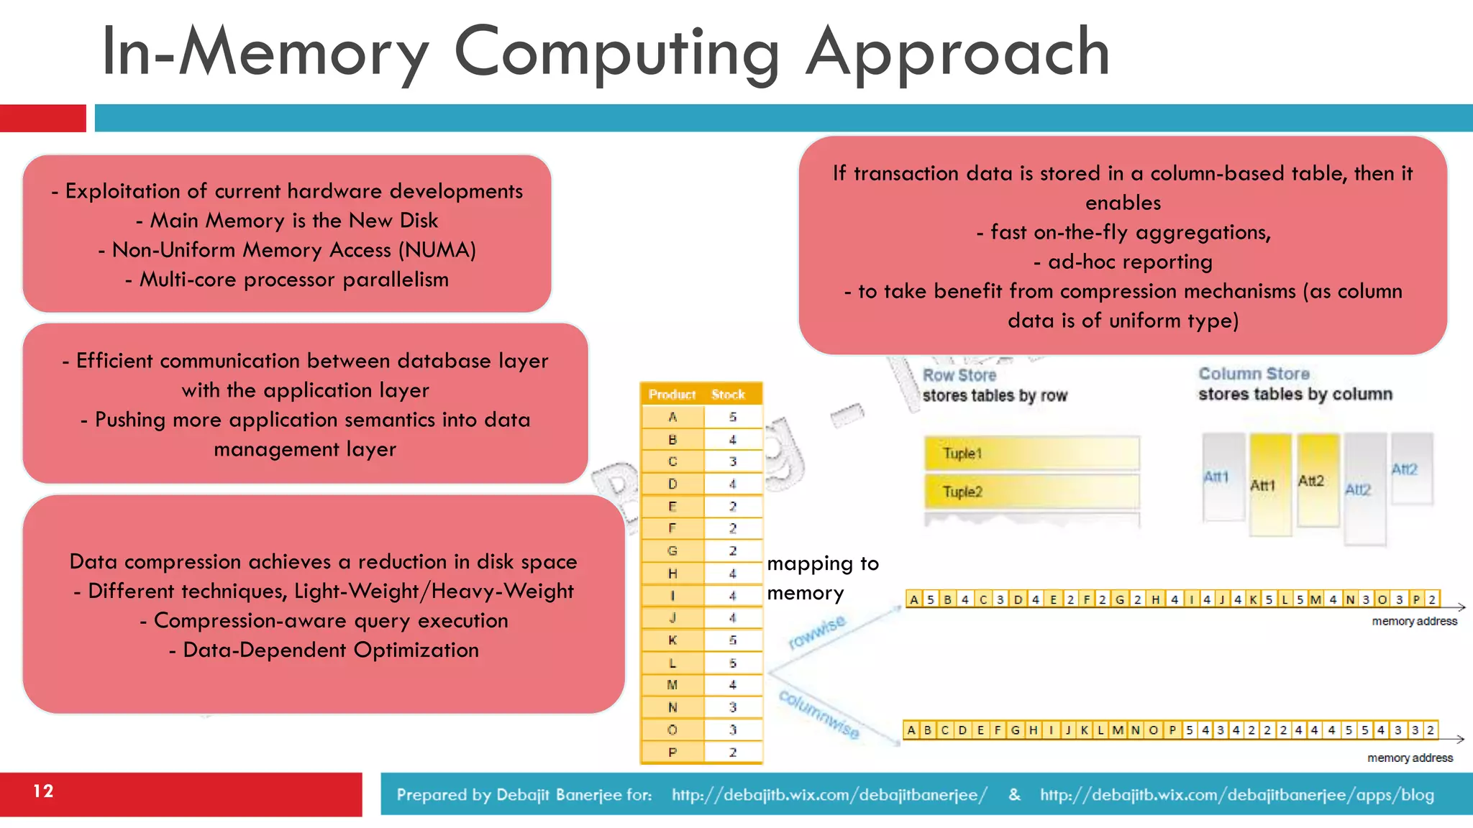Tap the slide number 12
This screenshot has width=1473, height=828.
click(x=43, y=791)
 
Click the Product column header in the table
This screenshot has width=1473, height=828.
click(x=672, y=395)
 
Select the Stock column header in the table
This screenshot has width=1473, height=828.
click(x=728, y=395)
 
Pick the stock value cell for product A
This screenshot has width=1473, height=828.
click(x=732, y=417)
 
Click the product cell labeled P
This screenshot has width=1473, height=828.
click(x=672, y=753)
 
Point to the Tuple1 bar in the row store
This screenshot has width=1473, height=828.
click(x=1031, y=454)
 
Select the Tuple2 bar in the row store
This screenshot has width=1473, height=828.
click(x=1031, y=492)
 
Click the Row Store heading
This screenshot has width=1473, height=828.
click(x=959, y=375)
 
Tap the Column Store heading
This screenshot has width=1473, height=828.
click(x=1254, y=374)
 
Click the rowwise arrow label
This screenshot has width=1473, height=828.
click(x=817, y=632)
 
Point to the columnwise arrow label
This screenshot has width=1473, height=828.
click(x=819, y=714)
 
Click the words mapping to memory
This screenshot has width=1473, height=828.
click(x=822, y=578)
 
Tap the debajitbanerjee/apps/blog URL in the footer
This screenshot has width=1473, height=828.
click(x=1237, y=795)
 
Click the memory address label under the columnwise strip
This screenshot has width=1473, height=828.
click(x=1410, y=758)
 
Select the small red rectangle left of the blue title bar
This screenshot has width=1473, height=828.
click(x=43, y=118)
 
